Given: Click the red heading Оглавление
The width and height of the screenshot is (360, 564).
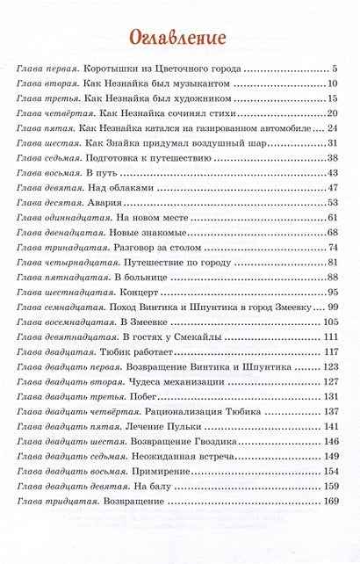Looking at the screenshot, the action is (177, 37).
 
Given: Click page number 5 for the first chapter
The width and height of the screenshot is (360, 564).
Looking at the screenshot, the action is (335, 68).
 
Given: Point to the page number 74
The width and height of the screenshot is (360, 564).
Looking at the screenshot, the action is (333, 247).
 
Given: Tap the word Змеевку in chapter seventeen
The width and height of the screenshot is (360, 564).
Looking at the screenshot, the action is (294, 307).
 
